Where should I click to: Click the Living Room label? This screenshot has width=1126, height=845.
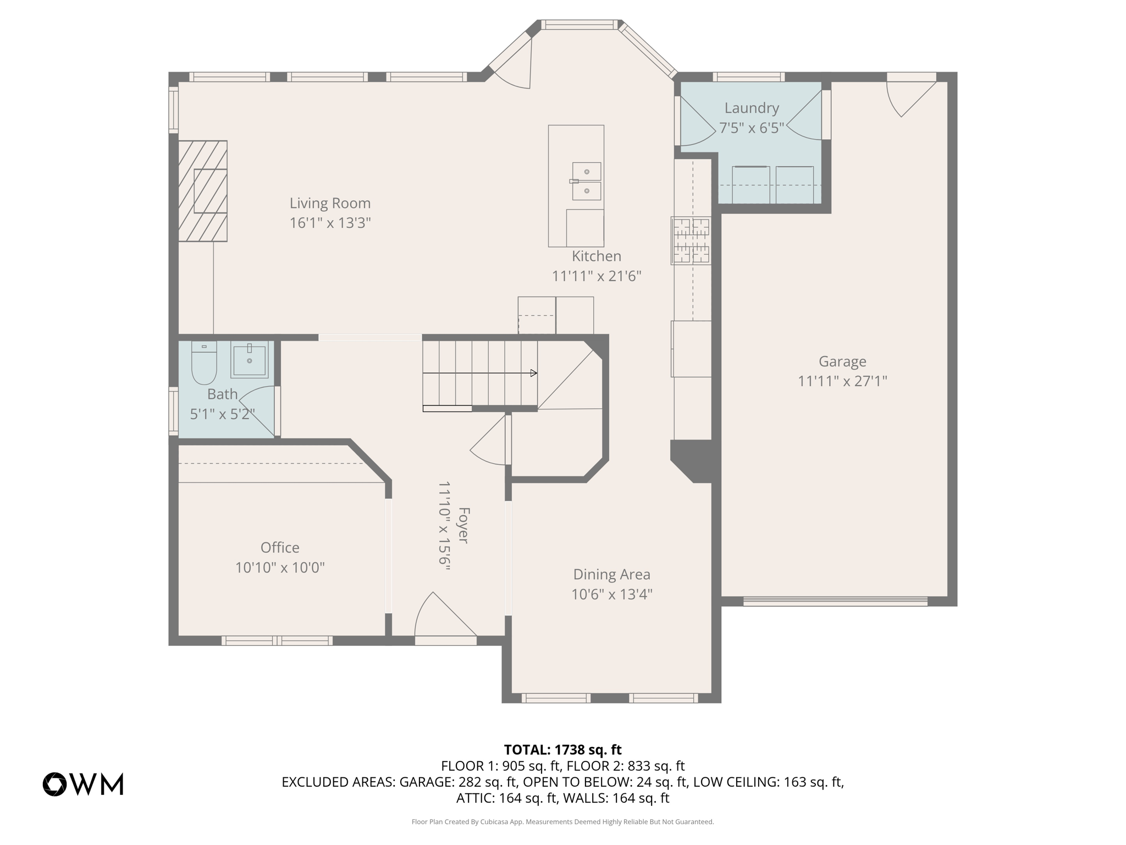point(330,203)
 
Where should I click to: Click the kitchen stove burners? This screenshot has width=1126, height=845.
point(691,240)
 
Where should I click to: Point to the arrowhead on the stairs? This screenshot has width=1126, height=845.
point(533,373)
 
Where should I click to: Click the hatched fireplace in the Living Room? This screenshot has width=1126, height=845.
point(203,191)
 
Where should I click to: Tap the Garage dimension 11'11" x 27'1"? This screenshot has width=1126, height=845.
point(842,381)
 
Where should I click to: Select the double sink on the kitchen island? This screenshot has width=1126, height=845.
point(587,181)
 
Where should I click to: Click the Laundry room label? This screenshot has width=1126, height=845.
point(752,108)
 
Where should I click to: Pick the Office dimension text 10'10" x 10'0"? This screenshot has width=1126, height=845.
point(280,567)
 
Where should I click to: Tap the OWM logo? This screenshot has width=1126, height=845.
point(83,784)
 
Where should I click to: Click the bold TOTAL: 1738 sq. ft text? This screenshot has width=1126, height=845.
point(562,749)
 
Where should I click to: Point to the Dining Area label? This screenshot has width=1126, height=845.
point(611,574)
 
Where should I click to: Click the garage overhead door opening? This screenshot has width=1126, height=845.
point(835,601)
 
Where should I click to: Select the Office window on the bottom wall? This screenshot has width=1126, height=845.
point(277,640)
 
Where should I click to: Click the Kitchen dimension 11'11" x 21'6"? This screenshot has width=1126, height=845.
point(597,276)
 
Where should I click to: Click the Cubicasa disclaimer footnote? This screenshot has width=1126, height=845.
point(562,822)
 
